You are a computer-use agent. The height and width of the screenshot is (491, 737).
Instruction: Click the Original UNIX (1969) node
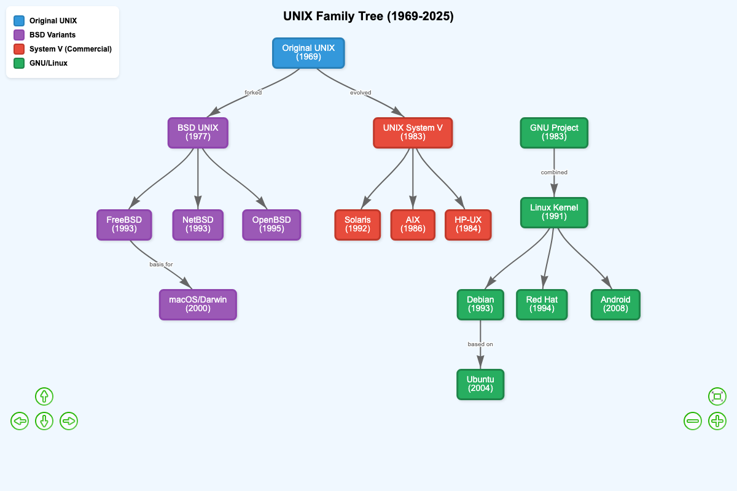[x=308, y=53]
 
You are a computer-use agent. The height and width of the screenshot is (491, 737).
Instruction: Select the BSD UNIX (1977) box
[x=198, y=133]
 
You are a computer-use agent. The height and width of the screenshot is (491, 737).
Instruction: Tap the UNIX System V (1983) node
[x=413, y=133]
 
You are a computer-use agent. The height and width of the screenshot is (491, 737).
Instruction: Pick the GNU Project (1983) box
[x=554, y=133]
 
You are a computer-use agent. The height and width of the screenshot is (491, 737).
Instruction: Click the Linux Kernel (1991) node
[x=554, y=212]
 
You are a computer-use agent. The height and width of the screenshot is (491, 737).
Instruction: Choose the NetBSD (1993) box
[x=198, y=225]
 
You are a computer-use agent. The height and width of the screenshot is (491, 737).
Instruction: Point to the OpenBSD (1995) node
[x=271, y=225]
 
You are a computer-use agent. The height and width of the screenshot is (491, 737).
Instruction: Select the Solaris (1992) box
[x=357, y=225]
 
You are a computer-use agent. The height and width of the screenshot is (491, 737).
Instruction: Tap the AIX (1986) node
[x=413, y=225]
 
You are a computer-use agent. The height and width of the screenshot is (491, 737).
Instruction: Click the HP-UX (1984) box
[x=468, y=225]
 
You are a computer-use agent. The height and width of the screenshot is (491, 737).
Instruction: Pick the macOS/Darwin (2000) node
[x=198, y=304]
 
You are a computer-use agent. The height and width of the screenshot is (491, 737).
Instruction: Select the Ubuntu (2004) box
[x=480, y=384]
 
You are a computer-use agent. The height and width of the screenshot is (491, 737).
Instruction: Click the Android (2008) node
[x=615, y=304]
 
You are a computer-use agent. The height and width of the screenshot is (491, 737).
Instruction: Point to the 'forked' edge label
[x=253, y=93]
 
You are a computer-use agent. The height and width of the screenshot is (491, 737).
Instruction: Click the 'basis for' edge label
[x=161, y=265]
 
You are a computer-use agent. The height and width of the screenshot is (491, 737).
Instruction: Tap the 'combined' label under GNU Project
[x=554, y=172]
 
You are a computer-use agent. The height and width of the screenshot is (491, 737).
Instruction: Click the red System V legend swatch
[x=19, y=49]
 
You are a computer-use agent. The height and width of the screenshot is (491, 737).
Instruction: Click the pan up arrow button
[x=44, y=396]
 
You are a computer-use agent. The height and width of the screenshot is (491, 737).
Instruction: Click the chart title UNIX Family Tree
[x=368, y=17]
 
